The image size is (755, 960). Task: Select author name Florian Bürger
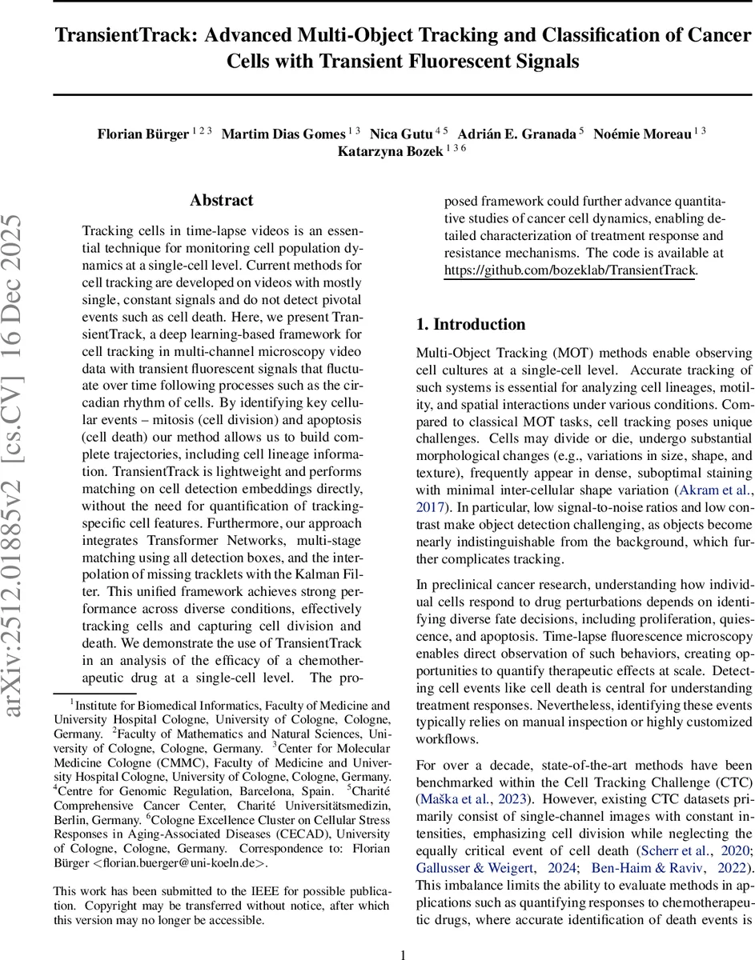tap(143, 134)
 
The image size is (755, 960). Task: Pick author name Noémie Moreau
tap(642, 134)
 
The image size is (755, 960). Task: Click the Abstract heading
tap(222, 200)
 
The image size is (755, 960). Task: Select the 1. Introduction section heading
tap(471, 324)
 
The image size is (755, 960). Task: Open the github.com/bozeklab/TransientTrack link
tap(571, 270)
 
